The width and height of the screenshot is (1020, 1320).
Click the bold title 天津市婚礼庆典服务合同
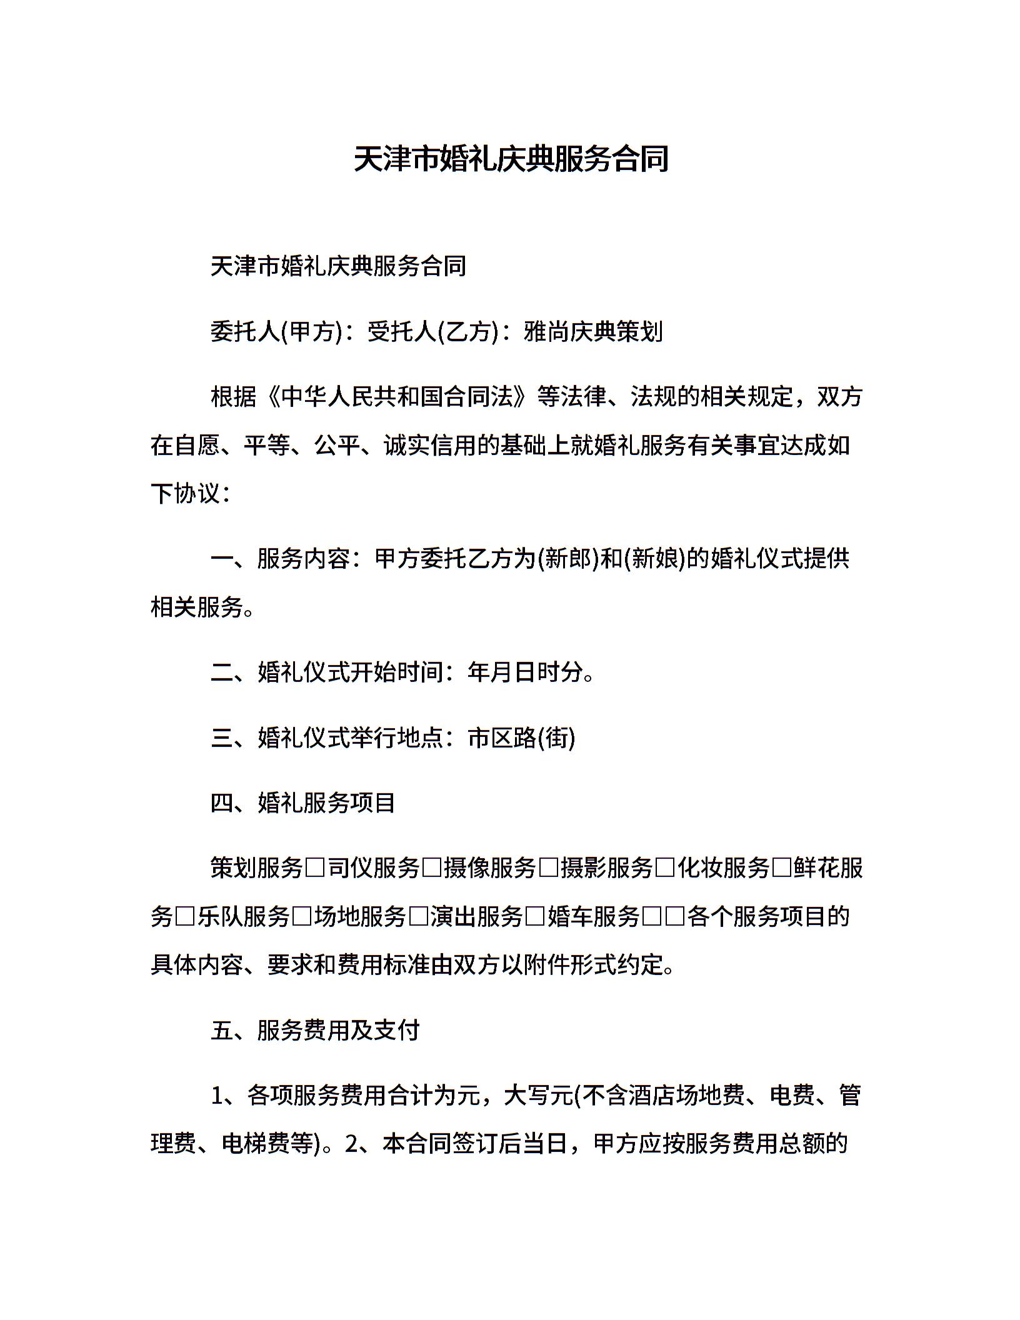coord(511,159)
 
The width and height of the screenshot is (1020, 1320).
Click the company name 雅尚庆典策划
coord(593,332)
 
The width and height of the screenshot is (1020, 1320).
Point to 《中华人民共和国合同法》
coord(401,397)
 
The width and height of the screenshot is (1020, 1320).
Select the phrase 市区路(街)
coord(521,738)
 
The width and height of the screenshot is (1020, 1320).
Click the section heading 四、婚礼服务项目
coord(303,803)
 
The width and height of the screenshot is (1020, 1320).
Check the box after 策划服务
coord(316,869)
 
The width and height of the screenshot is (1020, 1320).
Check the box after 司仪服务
coord(432,869)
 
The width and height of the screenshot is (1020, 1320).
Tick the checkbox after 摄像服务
coord(548,869)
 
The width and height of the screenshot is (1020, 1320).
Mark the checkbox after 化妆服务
coord(782,869)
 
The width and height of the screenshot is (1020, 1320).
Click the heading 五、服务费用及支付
coord(315,1031)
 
